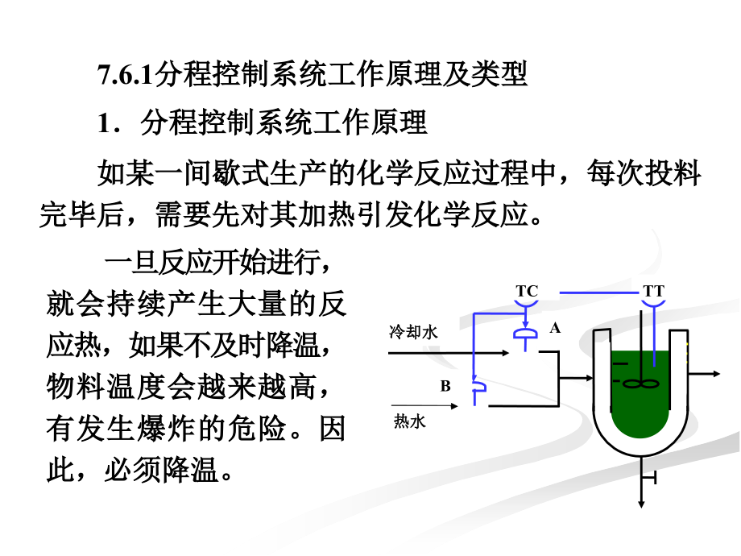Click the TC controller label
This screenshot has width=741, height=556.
pos(527,291)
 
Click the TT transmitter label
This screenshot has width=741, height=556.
pos(653,291)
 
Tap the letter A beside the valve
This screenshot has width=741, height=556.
pos(555,328)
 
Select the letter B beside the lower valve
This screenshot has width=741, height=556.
pos(445,386)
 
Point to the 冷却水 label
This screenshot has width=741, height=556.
pos(413,332)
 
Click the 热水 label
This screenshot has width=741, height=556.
pos(410,421)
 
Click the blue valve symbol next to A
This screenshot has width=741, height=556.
pos(525,334)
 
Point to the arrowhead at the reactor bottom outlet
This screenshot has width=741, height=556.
pos(641,504)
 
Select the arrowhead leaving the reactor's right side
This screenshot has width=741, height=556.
pos(716,374)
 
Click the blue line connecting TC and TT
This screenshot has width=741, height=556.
pos(598,293)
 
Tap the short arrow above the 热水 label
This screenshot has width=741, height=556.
pos(424,405)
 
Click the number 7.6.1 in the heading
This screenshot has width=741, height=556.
pos(125,76)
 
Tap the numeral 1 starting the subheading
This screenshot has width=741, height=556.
pos(103,123)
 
